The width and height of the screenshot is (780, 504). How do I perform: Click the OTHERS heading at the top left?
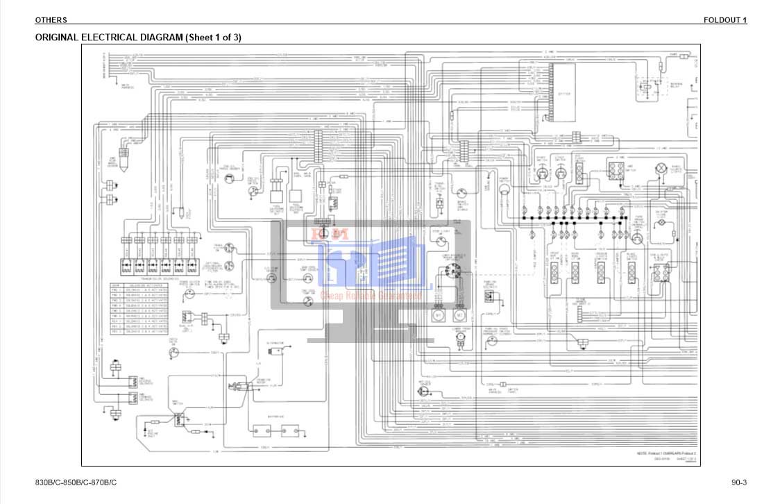point(51,20)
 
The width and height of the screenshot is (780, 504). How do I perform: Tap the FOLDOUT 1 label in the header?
point(724,20)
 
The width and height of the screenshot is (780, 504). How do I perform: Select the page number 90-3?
point(738,482)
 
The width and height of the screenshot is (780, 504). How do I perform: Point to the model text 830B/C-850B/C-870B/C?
point(76,482)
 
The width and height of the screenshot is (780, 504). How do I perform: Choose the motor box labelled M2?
point(459,314)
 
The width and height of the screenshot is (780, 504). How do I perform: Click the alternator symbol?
point(279,353)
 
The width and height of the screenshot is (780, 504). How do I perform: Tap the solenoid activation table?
point(139,308)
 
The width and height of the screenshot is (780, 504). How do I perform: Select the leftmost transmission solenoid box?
point(127,264)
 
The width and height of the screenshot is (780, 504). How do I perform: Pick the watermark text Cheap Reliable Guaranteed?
point(371,296)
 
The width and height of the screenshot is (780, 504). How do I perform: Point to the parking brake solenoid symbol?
point(490,297)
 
